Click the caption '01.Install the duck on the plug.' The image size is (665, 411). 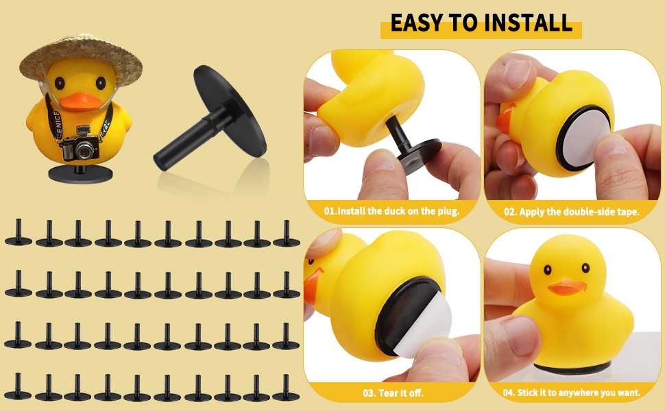(x=391, y=211)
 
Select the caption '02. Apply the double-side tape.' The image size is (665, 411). (x=572, y=211)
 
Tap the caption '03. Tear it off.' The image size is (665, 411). (x=391, y=393)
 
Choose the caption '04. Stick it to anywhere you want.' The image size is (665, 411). (x=572, y=393)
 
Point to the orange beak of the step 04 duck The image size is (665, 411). (x=566, y=286)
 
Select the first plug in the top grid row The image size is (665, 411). (x=18, y=234)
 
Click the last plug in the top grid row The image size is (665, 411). (x=286, y=234)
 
